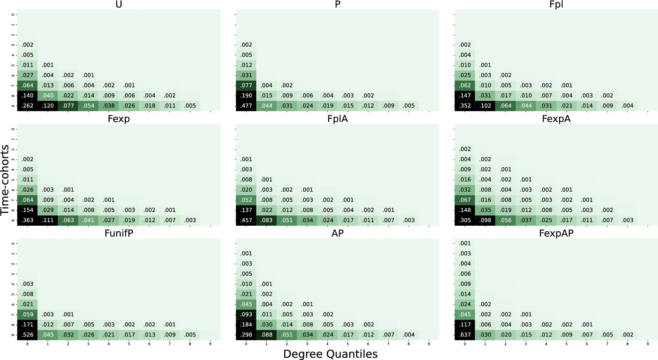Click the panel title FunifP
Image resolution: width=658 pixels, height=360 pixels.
[119, 233]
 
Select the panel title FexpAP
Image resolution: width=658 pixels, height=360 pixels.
[556, 233]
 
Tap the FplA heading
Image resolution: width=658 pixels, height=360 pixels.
[338, 119]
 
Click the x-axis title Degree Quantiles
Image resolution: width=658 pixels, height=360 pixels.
[330, 354]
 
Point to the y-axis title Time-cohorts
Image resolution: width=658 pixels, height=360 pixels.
[5, 180]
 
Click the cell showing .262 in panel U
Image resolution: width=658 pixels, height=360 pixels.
[28, 106]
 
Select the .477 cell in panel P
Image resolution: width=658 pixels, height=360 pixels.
[246, 106]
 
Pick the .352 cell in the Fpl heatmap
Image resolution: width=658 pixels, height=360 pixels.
[465, 106]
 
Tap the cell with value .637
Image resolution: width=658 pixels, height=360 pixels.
[465, 335]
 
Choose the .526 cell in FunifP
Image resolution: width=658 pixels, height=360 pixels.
[28, 335]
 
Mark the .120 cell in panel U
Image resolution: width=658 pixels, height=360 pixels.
[48, 106]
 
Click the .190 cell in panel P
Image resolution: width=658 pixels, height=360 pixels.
[246, 96]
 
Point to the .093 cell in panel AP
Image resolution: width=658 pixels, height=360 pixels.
[246, 314]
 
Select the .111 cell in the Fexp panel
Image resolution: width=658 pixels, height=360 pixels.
[48, 220]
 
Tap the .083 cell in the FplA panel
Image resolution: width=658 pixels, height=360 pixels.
[266, 220]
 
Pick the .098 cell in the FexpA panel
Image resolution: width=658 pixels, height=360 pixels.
[485, 220]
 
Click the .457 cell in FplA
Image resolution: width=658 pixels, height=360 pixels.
[246, 220]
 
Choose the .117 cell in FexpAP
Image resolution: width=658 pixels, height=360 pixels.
[465, 325]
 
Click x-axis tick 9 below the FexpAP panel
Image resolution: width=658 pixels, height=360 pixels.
[648, 344]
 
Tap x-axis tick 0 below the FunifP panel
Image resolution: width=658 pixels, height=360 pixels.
[28, 344]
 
